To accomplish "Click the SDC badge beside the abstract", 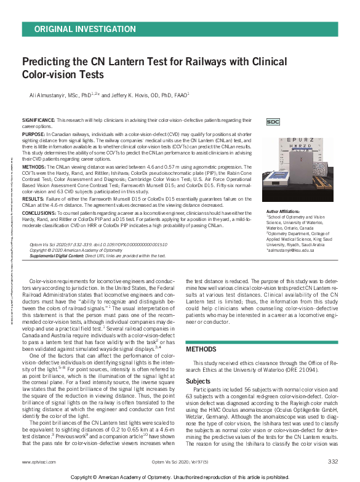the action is [x=273, y=122].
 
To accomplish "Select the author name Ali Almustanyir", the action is [x=49, y=95].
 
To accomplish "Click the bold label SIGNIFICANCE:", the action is [x=39, y=119].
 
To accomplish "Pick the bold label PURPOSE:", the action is [x=33, y=133].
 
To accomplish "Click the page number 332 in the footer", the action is [x=333, y=461].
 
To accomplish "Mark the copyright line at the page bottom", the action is [x=180, y=476].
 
